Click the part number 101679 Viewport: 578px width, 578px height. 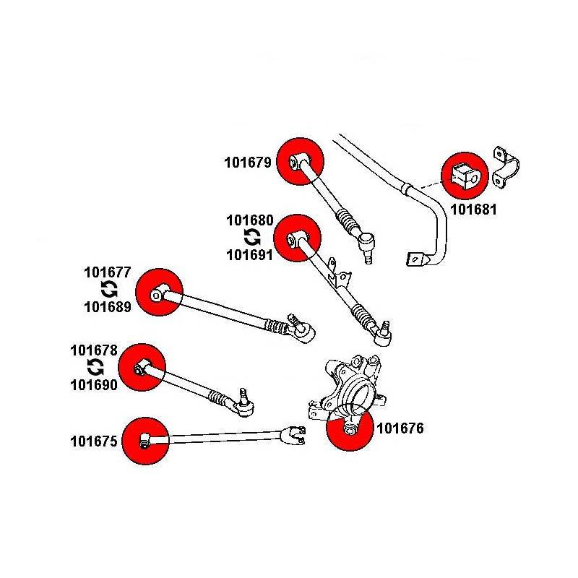coord(248,163)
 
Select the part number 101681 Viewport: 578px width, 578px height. coord(473,210)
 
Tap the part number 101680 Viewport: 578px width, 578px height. coord(249,220)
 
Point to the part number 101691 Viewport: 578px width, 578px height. coord(249,254)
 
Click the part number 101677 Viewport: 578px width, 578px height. coord(108,273)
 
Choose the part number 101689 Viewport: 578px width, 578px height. coord(108,307)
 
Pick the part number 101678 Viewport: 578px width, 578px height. coord(94,350)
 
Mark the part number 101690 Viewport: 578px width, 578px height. coord(94,384)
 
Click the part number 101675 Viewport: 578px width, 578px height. coord(94,440)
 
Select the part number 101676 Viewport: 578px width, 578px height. coord(400,428)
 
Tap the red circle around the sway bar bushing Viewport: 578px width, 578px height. coord(465,175)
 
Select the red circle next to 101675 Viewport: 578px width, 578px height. coord(145,440)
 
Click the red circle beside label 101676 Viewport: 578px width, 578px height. coord(349,429)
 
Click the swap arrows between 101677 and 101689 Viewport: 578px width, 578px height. coord(108,290)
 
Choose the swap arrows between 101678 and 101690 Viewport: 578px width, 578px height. coord(95,367)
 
